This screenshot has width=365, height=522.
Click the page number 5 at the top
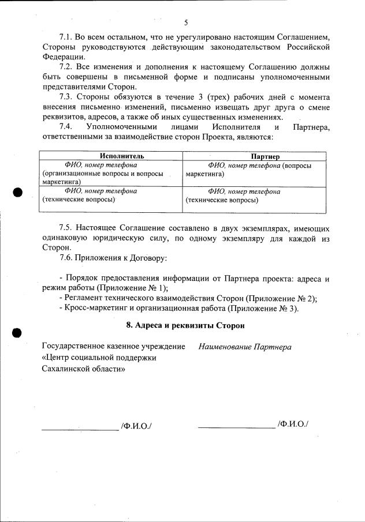[186, 23]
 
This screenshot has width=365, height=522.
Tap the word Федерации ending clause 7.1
[64, 57]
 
